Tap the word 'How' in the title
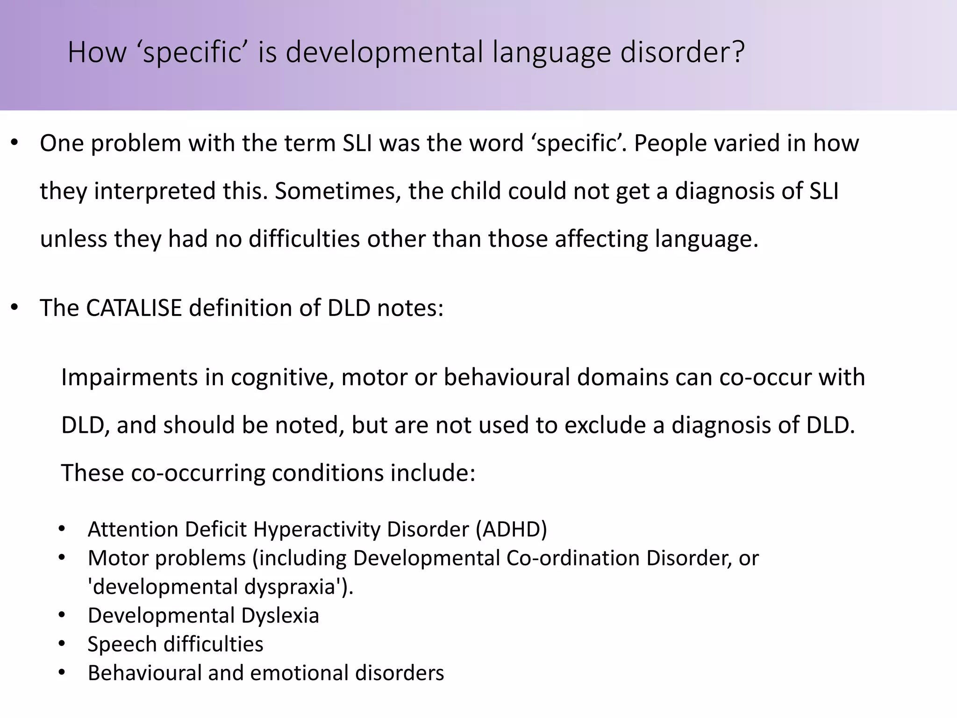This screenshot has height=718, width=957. click(x=97, y=52)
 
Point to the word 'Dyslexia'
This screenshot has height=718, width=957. click(x=280, y=616)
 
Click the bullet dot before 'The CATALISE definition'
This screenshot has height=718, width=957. click(x=14, y=308)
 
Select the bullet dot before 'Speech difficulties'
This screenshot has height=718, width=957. click(x=62, y=644)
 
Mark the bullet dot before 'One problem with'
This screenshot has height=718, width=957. click(x=14, y=143)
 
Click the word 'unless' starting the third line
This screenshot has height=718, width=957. click(x=73, y=239)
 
